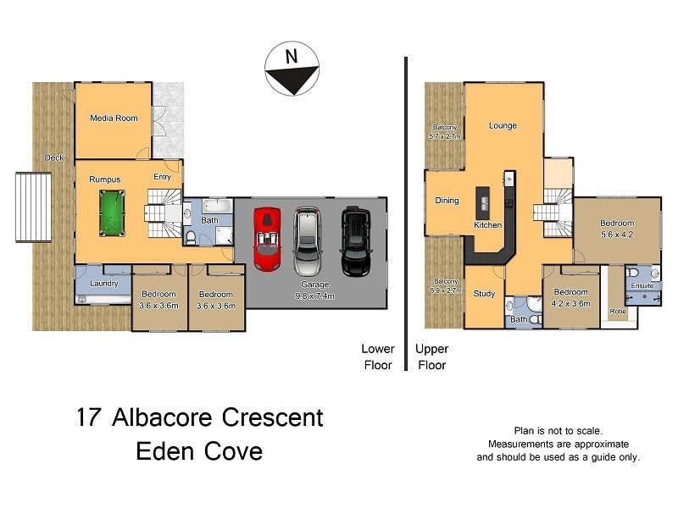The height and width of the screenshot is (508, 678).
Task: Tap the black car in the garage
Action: (x=356, y=240)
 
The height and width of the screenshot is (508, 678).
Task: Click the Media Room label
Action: (x=114, y=118)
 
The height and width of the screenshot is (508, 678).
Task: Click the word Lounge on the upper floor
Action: (x=503, y=126)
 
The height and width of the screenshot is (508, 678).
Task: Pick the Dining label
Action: (x=447, y=201)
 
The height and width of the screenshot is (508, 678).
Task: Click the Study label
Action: (x=484, y=294)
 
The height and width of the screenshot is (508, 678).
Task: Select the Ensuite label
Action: (x=642, y=286)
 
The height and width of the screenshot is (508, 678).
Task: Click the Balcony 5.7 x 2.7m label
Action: (x=444, y=131)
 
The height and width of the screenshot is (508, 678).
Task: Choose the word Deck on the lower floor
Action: (x=54, y=157)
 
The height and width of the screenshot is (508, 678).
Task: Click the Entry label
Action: (x=162, y=177)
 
